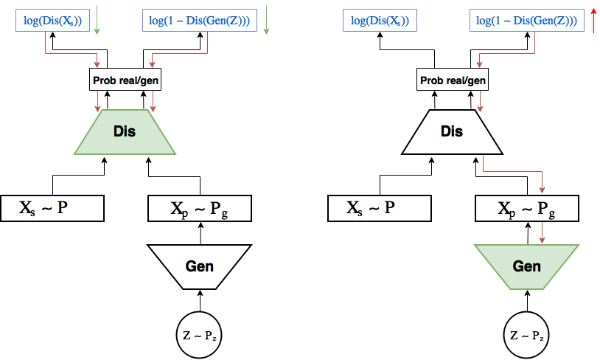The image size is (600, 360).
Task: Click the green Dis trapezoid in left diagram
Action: (x=125, y=132)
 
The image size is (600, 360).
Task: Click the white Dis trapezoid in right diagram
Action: (x=452, y=132)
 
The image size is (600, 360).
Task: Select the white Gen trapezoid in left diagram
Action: (x=199, y=266)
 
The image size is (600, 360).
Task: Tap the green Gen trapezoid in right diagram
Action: (x=526, y=266)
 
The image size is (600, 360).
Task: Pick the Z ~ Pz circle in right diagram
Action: (x=526, y=336)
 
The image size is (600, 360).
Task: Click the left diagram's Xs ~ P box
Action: (x=51, y=209)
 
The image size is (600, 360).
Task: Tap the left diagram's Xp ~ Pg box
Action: (x=200, y=209)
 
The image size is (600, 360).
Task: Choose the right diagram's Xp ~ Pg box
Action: (x=526, y=209)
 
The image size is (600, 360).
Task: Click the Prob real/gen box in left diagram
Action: (x=125, y=80)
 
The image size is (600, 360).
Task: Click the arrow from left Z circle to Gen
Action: (x=199, y=303)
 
